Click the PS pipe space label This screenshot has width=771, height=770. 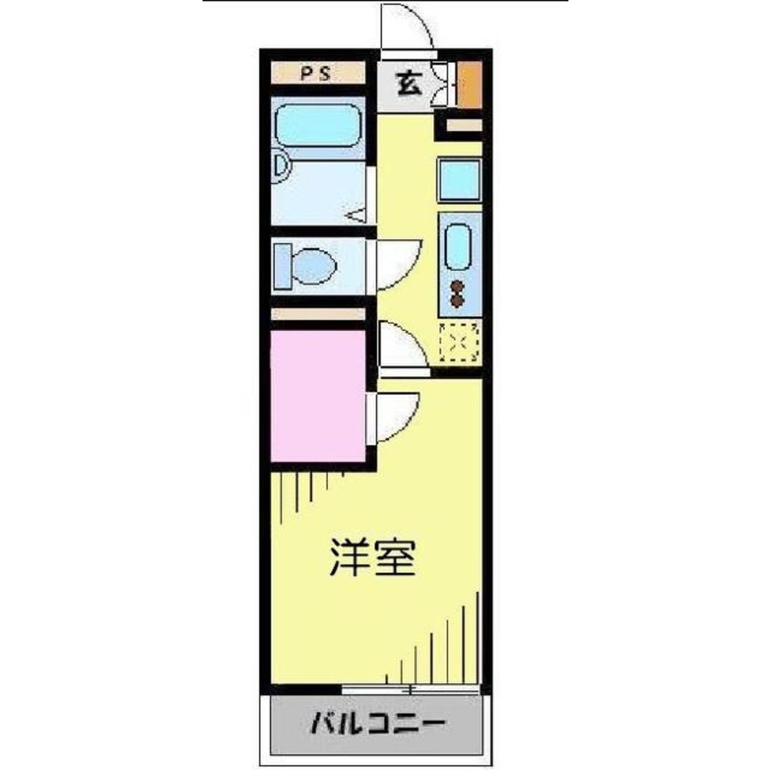pyautogui.click(x=316, y=75)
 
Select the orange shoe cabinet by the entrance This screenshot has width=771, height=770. pyautogui.click(x=469, y=83)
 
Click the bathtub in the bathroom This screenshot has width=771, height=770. pyautogui.click(x=318, y=125)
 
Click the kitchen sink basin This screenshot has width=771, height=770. pyautogui.click(x=458, y=245)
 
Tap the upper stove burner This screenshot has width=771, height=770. pyautogui.click(x=458, y=286)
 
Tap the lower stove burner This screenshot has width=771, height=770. pyautogui.click(x=458, y=300)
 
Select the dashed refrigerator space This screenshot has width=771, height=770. pyautogui.click(x=459, y=341)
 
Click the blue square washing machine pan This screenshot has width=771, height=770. pyautogui.click(x=460, y=179)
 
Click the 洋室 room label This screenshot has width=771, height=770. pyautogui.click(x=373, y=557)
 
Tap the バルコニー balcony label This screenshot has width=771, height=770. pyautogui.click(x=377, y=724)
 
